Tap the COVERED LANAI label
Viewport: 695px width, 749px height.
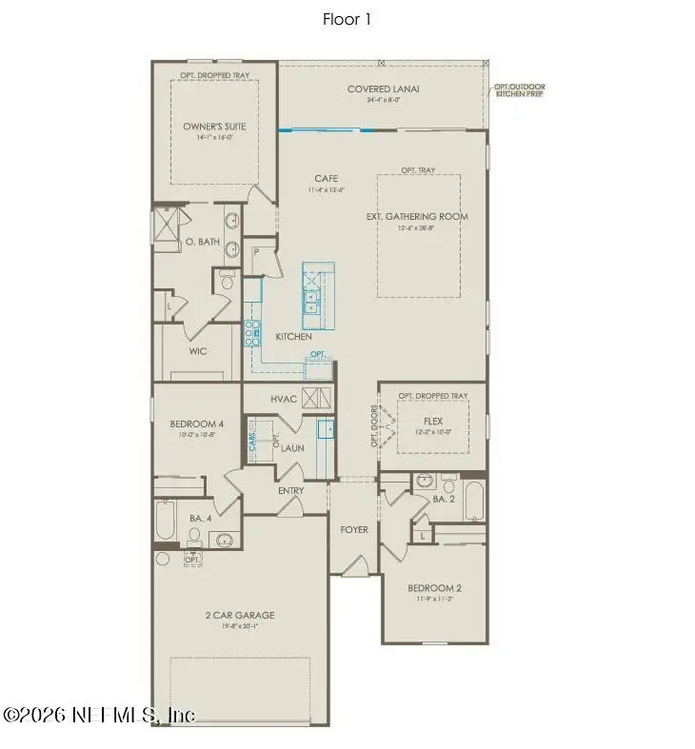point(384,89)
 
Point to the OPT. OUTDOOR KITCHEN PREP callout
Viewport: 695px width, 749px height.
point(519,92)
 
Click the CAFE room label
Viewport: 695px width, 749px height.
point(328,178)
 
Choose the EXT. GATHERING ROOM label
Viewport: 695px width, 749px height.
point(417,216)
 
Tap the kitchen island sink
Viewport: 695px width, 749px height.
point(312,303)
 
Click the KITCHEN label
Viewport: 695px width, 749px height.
point(293,337)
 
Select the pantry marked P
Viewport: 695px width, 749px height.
point(256,253)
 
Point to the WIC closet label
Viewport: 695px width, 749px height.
point(198,350)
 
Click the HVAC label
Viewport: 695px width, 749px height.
point(285,399)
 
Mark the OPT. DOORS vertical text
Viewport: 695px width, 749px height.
point(374,426)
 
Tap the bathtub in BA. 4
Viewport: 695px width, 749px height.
point(165,522)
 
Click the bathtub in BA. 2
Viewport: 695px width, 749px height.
point(473,502)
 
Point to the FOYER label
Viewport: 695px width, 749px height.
point(354,529)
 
